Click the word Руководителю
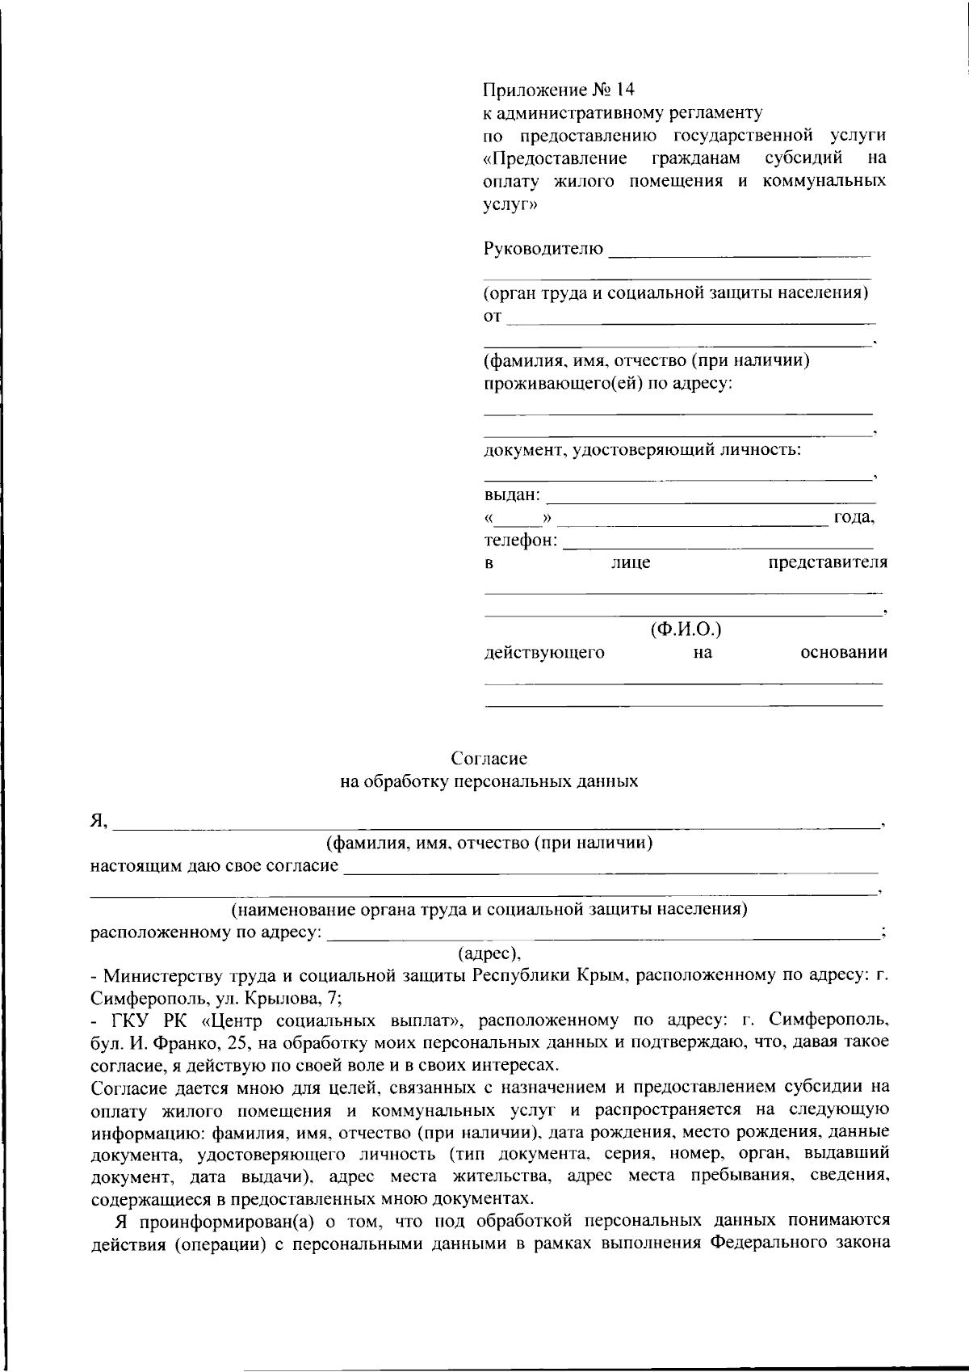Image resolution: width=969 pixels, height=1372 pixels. pyautogui.click(x=543, y=248)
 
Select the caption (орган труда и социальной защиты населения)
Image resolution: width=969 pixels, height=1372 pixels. pyautogui.click(x=677, y=292)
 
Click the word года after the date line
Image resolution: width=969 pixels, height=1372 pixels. pyautogui.click(x=854, y=517)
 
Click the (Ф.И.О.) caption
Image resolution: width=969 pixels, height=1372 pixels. pyautogui.click(x=686, y=628)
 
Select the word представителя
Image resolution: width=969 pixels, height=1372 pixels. pyautogui.click(x=827, y=562)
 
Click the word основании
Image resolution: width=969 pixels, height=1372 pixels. pyautogui.click(x=844, y=652)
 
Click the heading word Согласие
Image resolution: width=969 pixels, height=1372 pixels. pyautogui.click(x=489, y=759)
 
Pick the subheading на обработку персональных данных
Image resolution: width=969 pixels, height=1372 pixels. pyautogui.click(x=489, y=781)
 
